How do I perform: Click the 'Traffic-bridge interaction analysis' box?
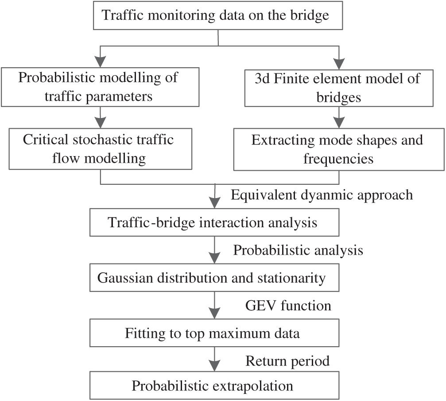click(x=214, y=222)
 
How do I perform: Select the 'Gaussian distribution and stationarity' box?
click(x=214, y=279)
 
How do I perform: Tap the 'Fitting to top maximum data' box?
click(x=214, y=333)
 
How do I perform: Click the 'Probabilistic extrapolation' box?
click(x=214, y=385)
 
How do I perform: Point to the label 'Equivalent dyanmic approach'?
click(x=322, y=195)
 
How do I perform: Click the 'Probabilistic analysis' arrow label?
click(x=298, y=250)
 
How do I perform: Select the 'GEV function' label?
click(x=287, y=306)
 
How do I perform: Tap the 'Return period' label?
click(x=288, y=361)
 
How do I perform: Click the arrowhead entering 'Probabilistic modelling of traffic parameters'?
click(x=101, y=61)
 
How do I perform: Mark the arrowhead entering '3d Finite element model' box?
click(x=339, y=61)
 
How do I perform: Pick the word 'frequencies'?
click(x=338, y=159)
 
